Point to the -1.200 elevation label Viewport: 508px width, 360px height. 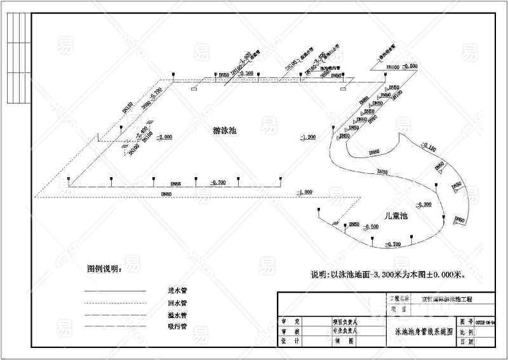308,137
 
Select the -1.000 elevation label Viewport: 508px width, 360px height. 304,192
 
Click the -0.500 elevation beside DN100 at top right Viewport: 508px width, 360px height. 410,66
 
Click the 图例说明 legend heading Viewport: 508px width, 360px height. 104,269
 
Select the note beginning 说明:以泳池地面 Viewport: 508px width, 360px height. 388,275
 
